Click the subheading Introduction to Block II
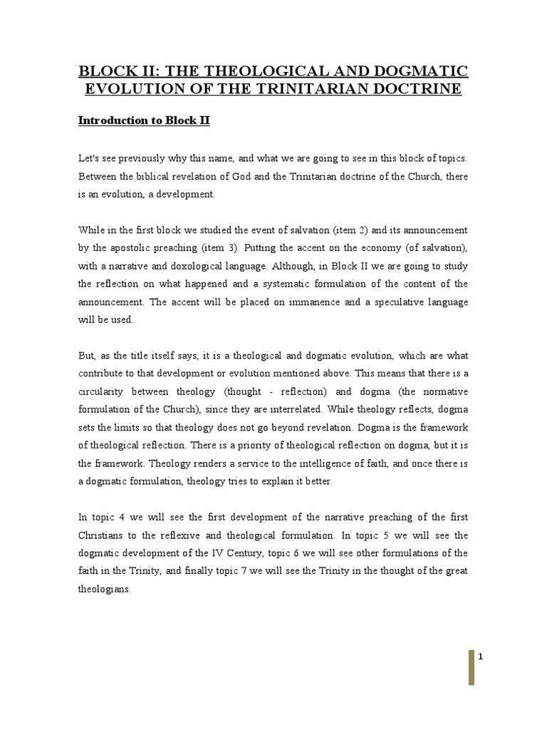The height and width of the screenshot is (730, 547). click(144, 120)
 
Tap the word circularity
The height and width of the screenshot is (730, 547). click(102, 391)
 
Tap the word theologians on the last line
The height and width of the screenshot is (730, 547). click(104, 589)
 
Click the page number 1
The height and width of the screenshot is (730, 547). click(481, 657)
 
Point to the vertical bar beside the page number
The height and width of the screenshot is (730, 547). click(471, 667)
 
